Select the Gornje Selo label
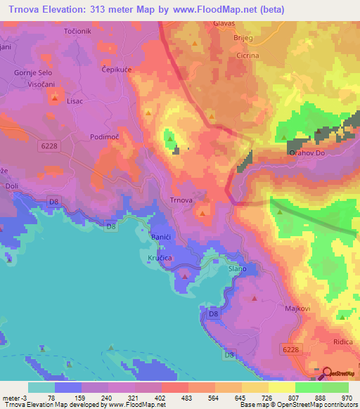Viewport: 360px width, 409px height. pos(32,72)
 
